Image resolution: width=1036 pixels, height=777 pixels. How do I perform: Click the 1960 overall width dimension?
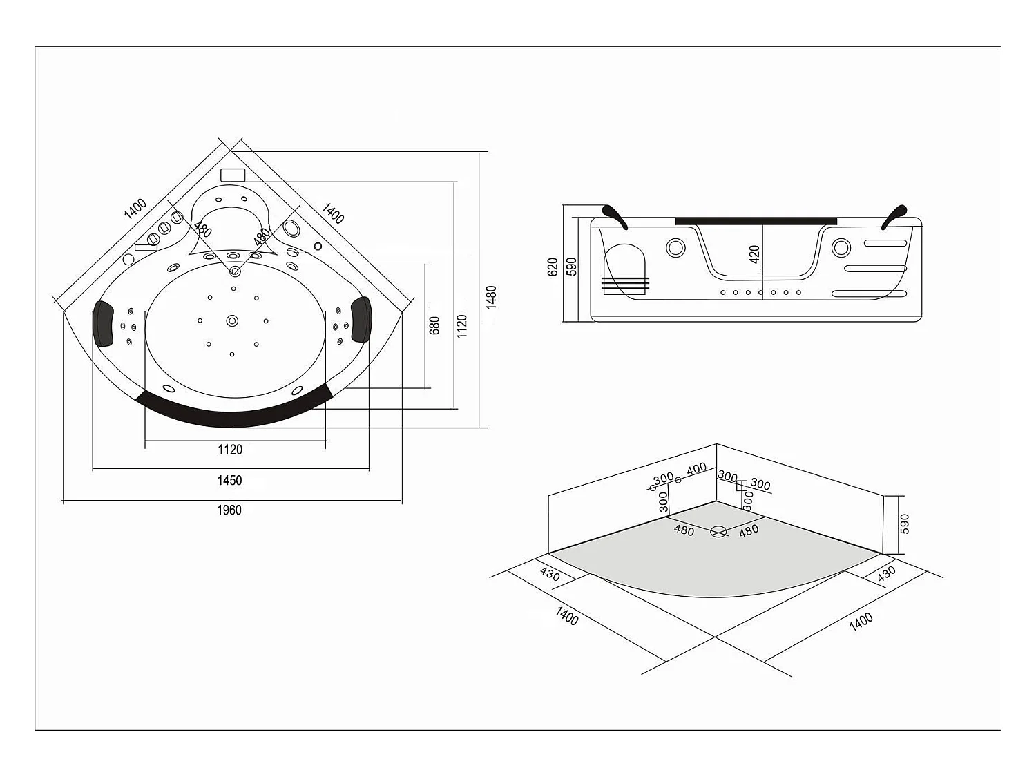point(230,510)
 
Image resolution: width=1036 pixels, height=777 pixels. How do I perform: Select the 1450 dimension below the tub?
point(230,480)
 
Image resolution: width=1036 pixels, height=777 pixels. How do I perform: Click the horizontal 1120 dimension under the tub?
point(230,450)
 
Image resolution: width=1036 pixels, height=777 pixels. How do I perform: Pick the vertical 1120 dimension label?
point(462,326)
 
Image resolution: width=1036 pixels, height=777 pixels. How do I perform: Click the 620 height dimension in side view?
point(552,267)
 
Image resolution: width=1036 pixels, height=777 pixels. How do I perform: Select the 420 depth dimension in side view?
point(754,254)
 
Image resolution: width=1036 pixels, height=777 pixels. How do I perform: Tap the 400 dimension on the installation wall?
point(696,468)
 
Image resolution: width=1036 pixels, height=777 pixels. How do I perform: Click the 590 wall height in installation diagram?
point(905,524)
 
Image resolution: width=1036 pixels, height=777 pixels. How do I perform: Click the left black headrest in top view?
point(104,323)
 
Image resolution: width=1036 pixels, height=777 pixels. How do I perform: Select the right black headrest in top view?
point(361,318)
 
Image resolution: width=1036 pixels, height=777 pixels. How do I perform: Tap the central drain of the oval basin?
point(232,320)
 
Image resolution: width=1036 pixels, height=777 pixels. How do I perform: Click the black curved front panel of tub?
point(235,412)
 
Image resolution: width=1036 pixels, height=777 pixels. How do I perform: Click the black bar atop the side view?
point(756,220)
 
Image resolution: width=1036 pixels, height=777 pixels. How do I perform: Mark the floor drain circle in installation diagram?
point(719,531)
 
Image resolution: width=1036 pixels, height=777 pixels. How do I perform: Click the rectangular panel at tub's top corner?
point(233,174)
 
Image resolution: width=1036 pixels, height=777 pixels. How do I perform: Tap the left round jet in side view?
point(675,247)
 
